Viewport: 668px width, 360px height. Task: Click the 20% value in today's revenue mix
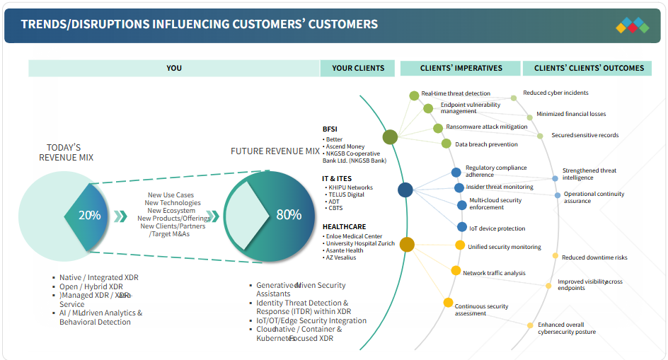89,215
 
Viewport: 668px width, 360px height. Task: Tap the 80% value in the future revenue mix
289,215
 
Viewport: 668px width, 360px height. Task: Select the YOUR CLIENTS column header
358,68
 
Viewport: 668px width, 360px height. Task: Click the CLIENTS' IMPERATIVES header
461,68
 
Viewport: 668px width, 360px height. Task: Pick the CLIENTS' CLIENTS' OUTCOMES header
589,68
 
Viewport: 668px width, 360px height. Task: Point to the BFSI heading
330,129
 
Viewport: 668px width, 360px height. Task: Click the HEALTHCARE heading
344,227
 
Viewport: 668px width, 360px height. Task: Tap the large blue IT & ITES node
405,190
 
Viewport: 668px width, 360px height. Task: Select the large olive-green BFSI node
390,137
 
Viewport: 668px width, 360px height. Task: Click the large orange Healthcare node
407,245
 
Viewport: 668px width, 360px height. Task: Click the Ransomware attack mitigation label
486,127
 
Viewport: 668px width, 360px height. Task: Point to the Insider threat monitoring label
499,187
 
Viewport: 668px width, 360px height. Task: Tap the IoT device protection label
497,228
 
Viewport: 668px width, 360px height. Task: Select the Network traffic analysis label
494,273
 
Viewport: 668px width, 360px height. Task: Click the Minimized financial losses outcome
570,114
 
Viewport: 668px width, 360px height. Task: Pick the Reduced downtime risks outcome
594,257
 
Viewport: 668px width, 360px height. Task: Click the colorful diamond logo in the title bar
632,26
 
